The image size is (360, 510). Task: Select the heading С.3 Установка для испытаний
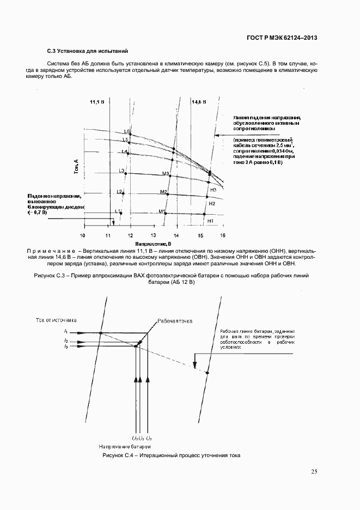click(x=87, y=51)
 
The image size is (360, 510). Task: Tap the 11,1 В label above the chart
click(x=98, y=101)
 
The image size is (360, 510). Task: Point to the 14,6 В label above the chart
click(x=199, y=101)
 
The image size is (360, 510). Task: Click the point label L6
click(x=126, y=132)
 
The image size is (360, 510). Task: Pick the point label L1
click(x=117, y=211)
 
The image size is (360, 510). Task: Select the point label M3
click(x=166, y=174)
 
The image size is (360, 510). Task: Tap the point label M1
click(x=162, y=211)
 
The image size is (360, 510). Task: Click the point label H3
click(x=213, y=190)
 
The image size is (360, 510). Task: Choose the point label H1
click(x=210, y=221)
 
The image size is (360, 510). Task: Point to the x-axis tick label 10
click(x=83, y=235)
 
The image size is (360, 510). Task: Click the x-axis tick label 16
click(x=222, y=235)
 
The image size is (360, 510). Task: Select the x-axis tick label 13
click(x=153, y=235)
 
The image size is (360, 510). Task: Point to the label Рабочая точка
click(x=175, y=321)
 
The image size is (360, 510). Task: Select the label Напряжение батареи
click(x=137, y=446)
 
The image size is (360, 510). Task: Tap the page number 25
click(x=314, y=471)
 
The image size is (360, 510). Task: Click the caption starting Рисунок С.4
click(x=171, y=455)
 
